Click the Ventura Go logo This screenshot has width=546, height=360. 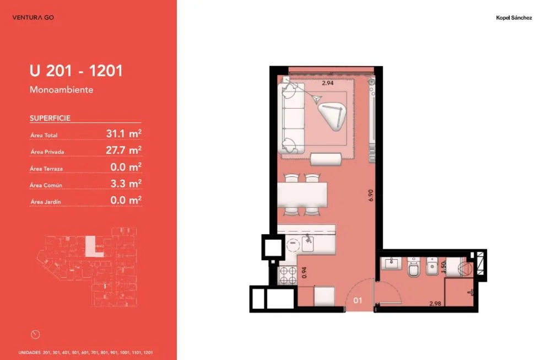click(33, 18)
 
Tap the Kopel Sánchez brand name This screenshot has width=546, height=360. click(513, 18)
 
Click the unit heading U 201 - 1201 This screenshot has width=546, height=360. click(76, 71)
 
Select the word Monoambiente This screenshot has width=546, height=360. click(61, 89)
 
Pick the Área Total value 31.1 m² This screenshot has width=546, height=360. click(123, 133)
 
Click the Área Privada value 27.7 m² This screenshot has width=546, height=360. click(123, 150)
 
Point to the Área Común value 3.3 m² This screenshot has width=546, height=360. click(126, 184)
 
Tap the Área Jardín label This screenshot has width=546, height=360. click(46, 202)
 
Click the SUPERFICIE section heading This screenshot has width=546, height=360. click(50, 118)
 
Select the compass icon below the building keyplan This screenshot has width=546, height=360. click(35, 335)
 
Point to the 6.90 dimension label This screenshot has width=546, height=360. click(371, 195)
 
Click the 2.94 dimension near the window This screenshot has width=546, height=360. click(328, 83)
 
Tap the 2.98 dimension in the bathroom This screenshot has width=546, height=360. click(435, 304)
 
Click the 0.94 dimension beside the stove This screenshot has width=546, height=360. click(305, 272)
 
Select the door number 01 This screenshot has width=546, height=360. click(358, 300)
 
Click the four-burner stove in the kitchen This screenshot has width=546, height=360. click(287, 275)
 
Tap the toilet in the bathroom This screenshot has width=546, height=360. click(414, 267)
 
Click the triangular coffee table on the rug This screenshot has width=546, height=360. click(333, 116)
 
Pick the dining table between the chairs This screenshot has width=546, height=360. click(302, 195)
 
